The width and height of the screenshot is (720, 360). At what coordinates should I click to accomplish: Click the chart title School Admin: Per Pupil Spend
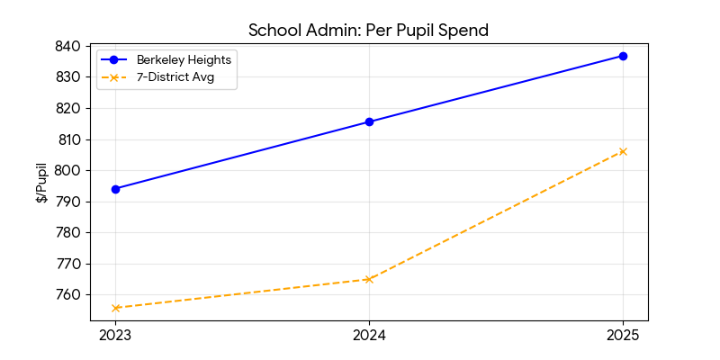[x=368, y=30]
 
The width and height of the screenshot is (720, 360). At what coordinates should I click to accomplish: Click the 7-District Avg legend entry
[x=174, y=77]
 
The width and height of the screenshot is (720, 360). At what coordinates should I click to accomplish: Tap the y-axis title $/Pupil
[x=42, y=184]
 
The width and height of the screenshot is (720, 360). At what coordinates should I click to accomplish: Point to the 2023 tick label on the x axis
[x=115, y=336]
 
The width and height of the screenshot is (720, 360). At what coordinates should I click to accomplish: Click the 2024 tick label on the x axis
[x=369, y=336]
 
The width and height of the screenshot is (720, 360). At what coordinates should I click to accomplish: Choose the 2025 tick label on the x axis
[x=623, y=336]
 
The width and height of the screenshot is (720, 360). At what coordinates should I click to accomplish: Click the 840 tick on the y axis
[x=68, y=46]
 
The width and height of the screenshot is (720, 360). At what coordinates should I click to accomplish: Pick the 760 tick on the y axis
[x=68, y=295]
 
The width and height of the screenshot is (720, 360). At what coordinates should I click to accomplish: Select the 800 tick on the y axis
[x=68, y=171]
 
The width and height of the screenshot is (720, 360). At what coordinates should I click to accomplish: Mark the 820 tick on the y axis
[x=68, y=108]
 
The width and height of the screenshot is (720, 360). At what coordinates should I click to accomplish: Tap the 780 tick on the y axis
[x=68, y=233]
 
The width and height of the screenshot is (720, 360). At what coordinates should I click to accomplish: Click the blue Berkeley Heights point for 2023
[x=115, y=189]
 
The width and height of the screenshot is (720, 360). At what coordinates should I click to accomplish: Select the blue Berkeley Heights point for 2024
[x=369, y=121]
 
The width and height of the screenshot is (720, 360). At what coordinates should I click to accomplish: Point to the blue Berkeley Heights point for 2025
[x=623, y=56]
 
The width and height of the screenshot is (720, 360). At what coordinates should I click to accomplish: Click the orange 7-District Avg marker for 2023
[x=115, y=308]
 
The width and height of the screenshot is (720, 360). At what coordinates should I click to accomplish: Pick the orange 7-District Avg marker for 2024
[x=369, y=279]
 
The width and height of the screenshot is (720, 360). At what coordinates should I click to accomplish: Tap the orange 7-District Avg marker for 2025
[x=623, y=151]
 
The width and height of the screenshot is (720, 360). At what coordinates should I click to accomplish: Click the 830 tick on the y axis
[x=68, y=77]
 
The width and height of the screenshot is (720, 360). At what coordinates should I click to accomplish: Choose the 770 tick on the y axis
[x=68, y=264]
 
